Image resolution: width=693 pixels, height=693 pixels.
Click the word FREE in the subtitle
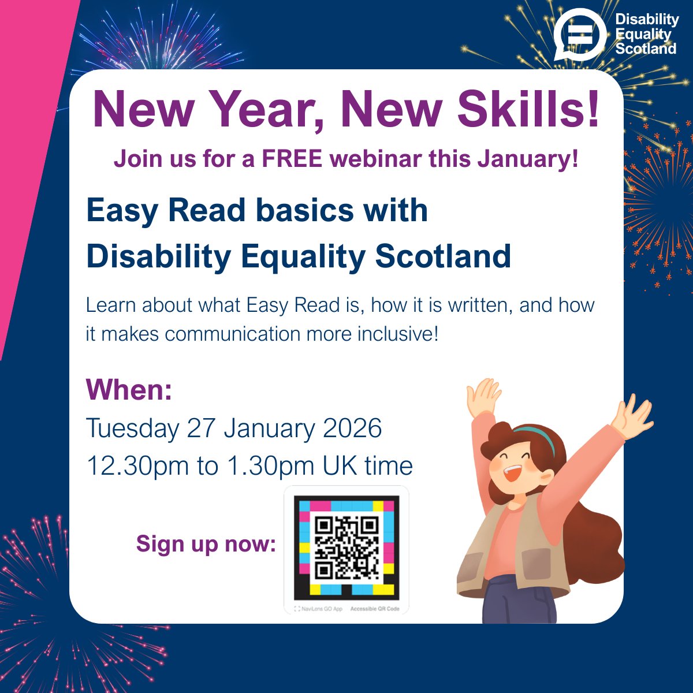(292, 159)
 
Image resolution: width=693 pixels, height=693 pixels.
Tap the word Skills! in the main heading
(528, 110)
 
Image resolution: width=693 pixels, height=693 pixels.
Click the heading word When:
(129, 390)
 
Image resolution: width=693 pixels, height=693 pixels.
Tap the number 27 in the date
(201, 429)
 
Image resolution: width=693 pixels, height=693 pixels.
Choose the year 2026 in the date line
(352, 429)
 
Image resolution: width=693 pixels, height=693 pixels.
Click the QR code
(346, 547)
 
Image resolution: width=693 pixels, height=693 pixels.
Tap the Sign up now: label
(206, 543)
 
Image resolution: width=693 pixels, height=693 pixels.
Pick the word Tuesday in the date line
(132, 429)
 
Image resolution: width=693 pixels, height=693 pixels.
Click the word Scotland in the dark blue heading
(443, 256)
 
